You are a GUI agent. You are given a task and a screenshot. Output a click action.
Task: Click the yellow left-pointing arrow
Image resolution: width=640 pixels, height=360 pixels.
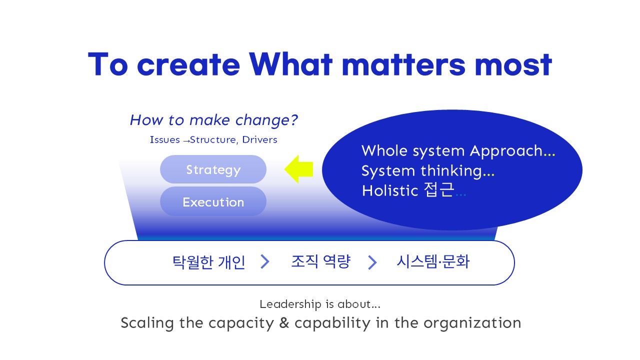[298, 169]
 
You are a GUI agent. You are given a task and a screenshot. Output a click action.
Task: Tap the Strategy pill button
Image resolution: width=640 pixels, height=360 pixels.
[213, 169]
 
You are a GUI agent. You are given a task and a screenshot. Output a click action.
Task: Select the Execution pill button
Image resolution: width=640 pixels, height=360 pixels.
[213, 201]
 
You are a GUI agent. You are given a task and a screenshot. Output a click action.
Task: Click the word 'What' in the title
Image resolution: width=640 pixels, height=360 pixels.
[291, 64]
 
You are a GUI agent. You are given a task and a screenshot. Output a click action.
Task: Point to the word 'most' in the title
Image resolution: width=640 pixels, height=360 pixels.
[513, 65]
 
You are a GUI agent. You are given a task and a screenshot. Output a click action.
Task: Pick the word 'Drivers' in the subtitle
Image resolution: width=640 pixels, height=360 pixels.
[259, 139]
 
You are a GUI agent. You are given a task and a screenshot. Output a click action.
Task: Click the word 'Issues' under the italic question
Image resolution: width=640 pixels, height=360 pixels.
[165, 139]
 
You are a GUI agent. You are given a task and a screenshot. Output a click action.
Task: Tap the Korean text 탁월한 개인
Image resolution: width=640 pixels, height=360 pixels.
[209, 261]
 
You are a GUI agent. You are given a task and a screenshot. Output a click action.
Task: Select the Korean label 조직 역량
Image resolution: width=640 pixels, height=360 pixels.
[321, 261]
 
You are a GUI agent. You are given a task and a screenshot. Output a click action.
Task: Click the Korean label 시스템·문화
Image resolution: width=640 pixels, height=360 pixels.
[433, 261]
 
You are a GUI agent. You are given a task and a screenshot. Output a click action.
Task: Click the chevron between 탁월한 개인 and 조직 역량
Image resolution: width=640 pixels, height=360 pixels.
[265, 261]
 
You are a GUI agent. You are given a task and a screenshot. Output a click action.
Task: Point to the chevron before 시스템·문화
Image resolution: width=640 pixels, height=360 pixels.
[372, 262]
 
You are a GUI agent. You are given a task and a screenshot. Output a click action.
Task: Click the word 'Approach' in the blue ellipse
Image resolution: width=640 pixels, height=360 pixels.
[506, 151]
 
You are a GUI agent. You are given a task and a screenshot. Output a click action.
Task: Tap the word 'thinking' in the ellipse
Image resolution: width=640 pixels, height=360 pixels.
[451, 170]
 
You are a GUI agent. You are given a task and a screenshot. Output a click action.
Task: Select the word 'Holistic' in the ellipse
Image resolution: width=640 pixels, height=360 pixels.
[390, 190]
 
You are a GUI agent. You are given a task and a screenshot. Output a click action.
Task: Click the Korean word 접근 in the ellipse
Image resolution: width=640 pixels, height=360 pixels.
[439, 189]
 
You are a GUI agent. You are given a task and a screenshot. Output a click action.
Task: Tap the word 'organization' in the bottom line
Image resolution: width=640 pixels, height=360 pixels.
[472, 323]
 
